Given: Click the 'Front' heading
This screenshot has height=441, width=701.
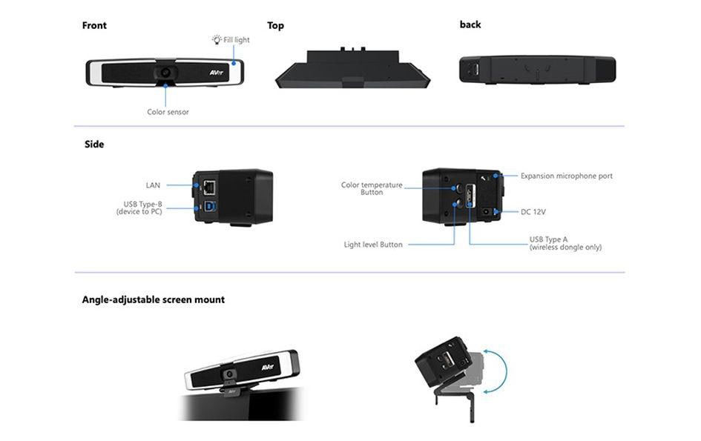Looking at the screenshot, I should pyautogui.click(x=94, y=25).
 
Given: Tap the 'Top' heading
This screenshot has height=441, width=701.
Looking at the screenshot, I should pyautogui.click(x=275, y=25).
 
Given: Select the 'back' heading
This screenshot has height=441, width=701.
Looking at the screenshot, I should pyautogui.click(x=470, y=24).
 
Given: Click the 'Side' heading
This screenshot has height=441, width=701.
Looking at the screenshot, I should pyautogui.click(x=94, y=144).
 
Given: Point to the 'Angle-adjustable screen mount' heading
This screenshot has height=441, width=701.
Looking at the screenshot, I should pyautogui.click(x=153, y=299).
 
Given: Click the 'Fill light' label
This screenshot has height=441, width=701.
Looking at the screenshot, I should pyautogui.click(x=237, y=39).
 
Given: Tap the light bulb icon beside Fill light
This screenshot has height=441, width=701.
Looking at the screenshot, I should pyautogui.click(x=217, y=39).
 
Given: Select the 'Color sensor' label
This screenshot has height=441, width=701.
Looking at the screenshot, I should pyautogui.click(x=168, y=112).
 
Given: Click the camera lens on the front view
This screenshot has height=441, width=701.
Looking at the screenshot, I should pyautogui.click(x=165, y=73).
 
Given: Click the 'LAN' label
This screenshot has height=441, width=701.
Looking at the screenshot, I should pyautogui.click(x=153, y=185).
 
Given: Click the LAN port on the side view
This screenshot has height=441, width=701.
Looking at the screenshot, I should pyautogui.click(x=208, y=185).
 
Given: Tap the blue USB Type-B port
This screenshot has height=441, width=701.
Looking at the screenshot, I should pyautogui.click(x=208, y=208).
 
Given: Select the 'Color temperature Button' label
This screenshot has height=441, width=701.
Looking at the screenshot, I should pyautogui.click(x=372, y=188).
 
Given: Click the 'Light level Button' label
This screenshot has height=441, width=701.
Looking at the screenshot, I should pyautogui.click(x=373, y=245).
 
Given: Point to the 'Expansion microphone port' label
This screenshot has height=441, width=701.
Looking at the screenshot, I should pyautogui.click(x=567, y=176).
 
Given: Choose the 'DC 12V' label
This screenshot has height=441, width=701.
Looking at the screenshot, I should pyautogui.click(x=533, y=212).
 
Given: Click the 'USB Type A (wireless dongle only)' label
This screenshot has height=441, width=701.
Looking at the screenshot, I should pyautogui.click(x=565, y=243).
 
